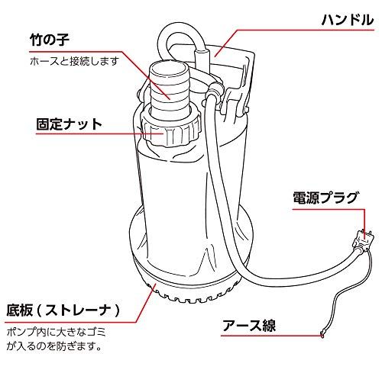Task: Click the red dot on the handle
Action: click(x=216, y=52)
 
